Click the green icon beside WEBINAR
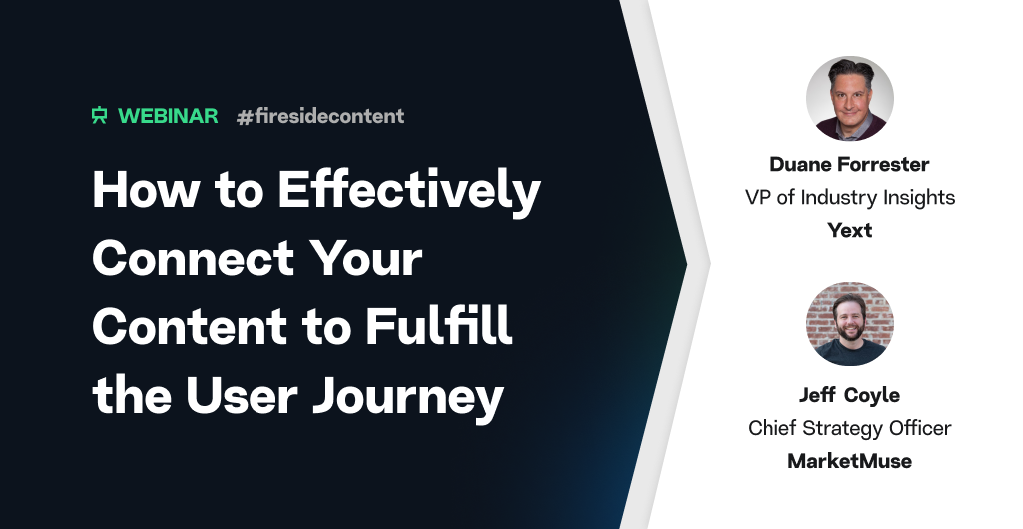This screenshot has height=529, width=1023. [x=99, y=116]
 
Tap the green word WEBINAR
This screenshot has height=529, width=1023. [x=168, y=116]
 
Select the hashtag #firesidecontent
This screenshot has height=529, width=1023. [x=320, y=116]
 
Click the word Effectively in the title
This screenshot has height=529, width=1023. [x=409, y=190]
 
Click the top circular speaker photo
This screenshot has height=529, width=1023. [x=849, y=99]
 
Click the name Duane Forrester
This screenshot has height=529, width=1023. [x=849, y=165]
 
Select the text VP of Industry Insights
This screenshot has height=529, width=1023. [x=849, y=197]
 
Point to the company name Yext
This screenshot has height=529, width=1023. [x=849, y=230]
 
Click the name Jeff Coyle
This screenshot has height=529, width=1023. [x=849, y=395]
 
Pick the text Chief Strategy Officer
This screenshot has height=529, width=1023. [x=849, y=428]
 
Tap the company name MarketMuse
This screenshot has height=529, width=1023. [x=849, y=461]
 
